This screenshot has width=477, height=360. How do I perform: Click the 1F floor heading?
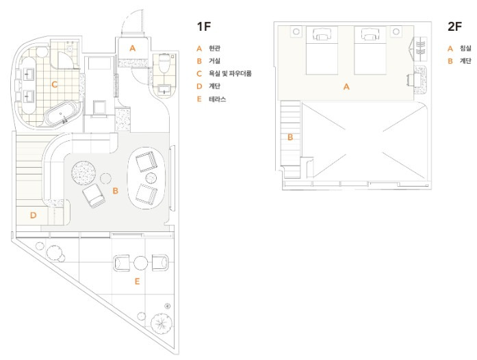pyautogui.click(x=204, y=27)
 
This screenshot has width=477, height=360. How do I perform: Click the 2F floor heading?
pyautogui.click(x=455, y=27)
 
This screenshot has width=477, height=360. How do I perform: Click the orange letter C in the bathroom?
pyautogui.click(x=55, y=84)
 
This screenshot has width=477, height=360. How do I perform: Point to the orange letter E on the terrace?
pyautogui.click(x=137, y=281)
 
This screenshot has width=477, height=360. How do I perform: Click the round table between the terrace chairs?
pyautogui.click(x=141, y=263)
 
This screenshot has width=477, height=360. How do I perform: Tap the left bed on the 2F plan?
pyautogui.click(x=322, y=51)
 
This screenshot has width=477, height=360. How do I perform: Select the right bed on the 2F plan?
pyautogui.click(x=370, y=51)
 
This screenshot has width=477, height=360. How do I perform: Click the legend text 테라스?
pyautogui.click(x=217, y=99)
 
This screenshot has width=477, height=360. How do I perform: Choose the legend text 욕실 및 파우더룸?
pyautogui.click(x=230, y=74)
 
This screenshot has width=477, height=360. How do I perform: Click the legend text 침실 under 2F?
pyautogui.click(x=465, y=48)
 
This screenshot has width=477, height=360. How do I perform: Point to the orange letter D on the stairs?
pyautogui.click(x=33, y=216)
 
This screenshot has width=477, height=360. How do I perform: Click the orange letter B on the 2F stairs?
pyautogui.click(x=290, y=138)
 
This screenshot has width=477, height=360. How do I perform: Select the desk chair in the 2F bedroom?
pyautogui.click(x=410, y=80)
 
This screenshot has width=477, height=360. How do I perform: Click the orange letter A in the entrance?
pyautogui.click(x=132, y=48)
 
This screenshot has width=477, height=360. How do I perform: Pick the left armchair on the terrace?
pyautogui.click(x=122, y=263)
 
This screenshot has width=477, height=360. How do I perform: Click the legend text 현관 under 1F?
pyautogui.click(x=214, y=48)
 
